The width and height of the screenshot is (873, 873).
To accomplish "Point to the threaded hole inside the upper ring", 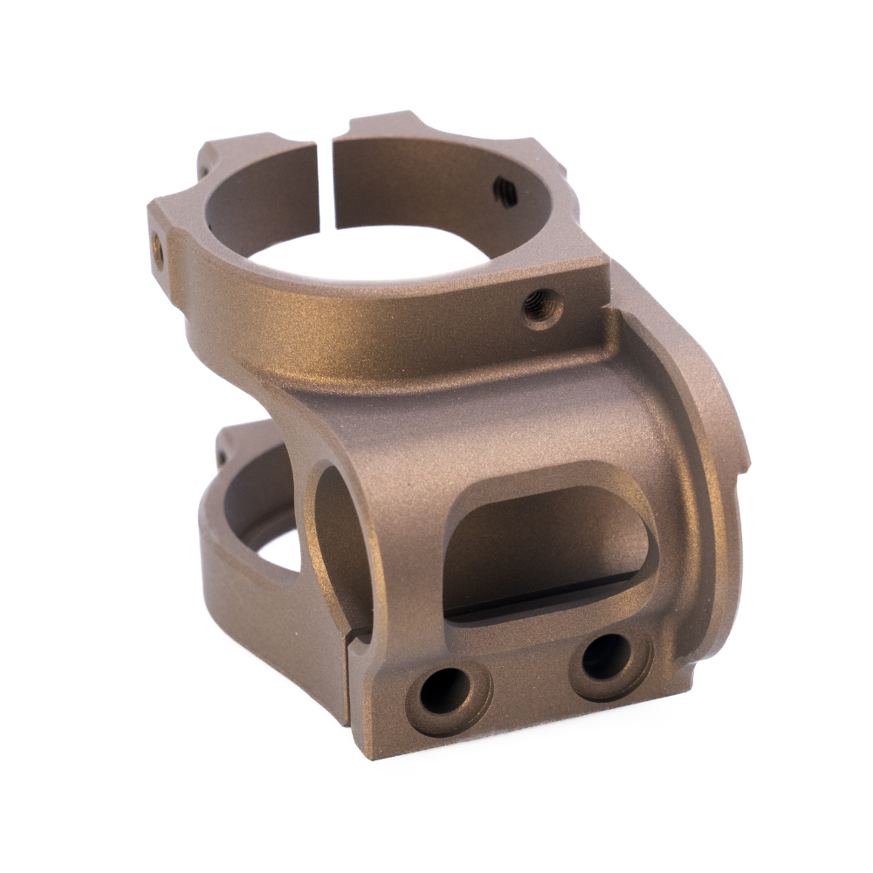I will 505,188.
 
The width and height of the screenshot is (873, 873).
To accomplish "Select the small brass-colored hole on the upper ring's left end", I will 158,244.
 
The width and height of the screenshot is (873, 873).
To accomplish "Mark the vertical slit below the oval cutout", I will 350,681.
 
